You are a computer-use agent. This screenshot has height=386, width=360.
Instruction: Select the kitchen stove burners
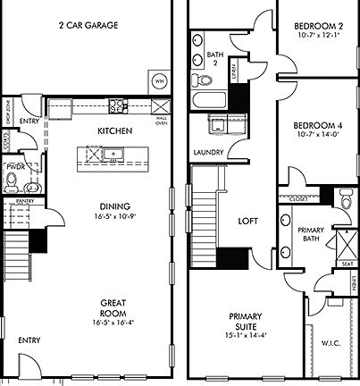pos(117,107)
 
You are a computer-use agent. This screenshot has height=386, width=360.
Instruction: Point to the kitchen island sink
pos(114,155)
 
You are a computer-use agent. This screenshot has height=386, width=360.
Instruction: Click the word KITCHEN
pos(115,131)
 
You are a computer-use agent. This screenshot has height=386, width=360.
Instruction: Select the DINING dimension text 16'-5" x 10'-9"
pos(115,215)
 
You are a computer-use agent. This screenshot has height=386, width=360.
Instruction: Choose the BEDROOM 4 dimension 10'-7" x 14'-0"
pos(320,136)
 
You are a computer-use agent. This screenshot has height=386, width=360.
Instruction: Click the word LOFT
pos(247,221)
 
